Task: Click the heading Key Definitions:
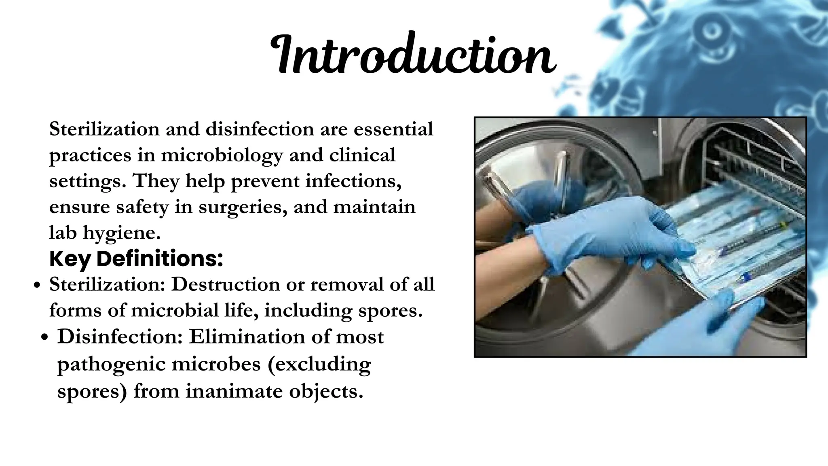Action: (136, 259)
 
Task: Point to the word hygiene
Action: (122, 233)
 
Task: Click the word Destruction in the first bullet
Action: (226, 285)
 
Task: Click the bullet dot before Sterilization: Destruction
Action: (37, 286)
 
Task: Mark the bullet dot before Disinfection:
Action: (45, 338)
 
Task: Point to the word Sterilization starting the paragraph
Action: (104, 129)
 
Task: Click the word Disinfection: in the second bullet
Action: (120, 337)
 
